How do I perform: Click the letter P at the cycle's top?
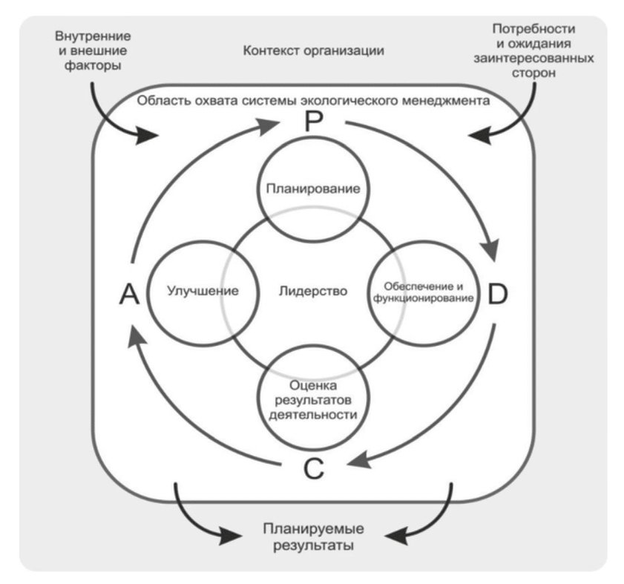click(x=314, y=121)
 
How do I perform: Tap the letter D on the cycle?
click(x=497, y=294)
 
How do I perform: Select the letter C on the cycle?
click(x=314, y=468)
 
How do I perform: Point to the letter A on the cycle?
click(x=129, y=294)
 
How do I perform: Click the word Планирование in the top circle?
click(x=313, y=188)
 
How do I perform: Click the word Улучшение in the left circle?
click(x=203, y=291)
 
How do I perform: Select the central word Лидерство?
click(x=313, y=291)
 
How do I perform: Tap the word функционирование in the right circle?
click(x=424, y=298)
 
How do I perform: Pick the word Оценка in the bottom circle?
click(x=313, y=385)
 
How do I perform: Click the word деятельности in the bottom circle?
click(x=313, y=415)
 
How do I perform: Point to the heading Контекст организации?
click(x=314, y=51)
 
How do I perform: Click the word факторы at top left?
click(x=93, y=65)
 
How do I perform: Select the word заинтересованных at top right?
click(x=533, y=58)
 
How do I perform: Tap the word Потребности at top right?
click(x=533, y=29)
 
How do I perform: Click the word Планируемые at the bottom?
click(x=314, y=528)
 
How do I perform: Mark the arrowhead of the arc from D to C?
click(x=359, y=460)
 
